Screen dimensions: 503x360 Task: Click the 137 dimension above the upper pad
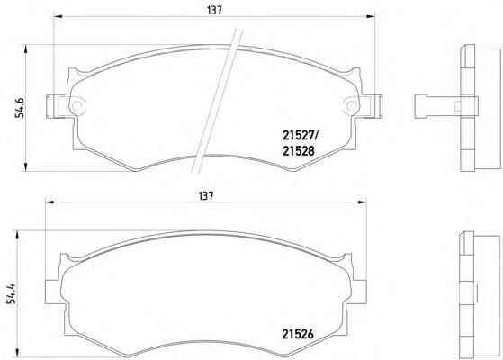[x=214, y=10]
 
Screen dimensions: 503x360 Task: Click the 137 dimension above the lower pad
[x=206, y=196]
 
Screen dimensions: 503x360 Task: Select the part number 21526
[x=298, y=334]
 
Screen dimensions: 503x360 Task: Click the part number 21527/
[x=300, y=136]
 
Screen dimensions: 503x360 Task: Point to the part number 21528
[x=299, y=151]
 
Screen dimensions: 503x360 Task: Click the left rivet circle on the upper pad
[x=77, y=105]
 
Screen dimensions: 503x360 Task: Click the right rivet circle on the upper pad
[x=351, y=105]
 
